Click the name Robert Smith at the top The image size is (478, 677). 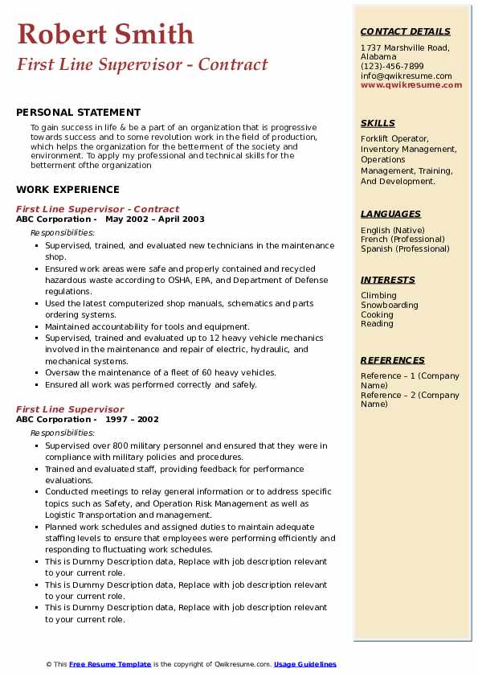[x=105, y=34]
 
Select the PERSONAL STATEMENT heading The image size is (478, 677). [x=78, y=113]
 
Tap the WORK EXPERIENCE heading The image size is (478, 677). [x=67, y=190]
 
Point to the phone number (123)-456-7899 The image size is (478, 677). [x=392, y=67]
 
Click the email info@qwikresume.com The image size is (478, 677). [x=406, y=76]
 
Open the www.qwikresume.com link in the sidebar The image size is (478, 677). [x=411, y=84]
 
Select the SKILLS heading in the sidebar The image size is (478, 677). [x=378, y=124]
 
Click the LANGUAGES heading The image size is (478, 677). [x=390, y=214]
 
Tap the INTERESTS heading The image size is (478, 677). [x=388, y=280]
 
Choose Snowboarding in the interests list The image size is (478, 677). [x=390, y=306]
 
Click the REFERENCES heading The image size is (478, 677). [x=392, y=360]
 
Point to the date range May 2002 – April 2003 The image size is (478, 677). [x=155, y=220]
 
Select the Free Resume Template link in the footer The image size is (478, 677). [x=110, y=664]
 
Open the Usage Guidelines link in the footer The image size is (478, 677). [x=305, y=664]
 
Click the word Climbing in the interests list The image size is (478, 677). [x=378, y=296]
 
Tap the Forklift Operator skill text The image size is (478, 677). [x=394, y=139]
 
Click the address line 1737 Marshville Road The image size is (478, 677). [x=404, y=47]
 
